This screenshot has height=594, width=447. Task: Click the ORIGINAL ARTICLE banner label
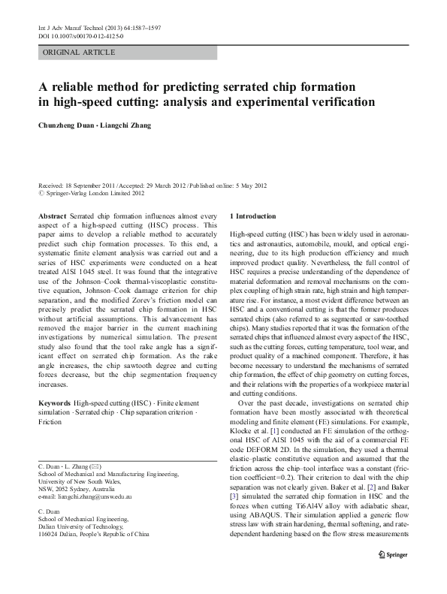coord(80,53)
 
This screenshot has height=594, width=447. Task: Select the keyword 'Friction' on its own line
coord(50,423)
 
